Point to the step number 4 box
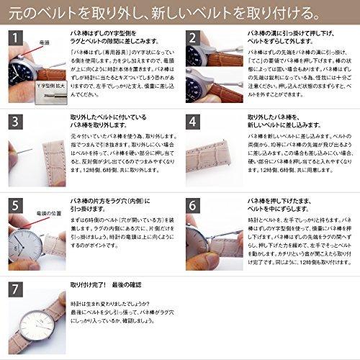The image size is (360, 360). click(x=193, y=122)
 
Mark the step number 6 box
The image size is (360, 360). click(x=193, y=204)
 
